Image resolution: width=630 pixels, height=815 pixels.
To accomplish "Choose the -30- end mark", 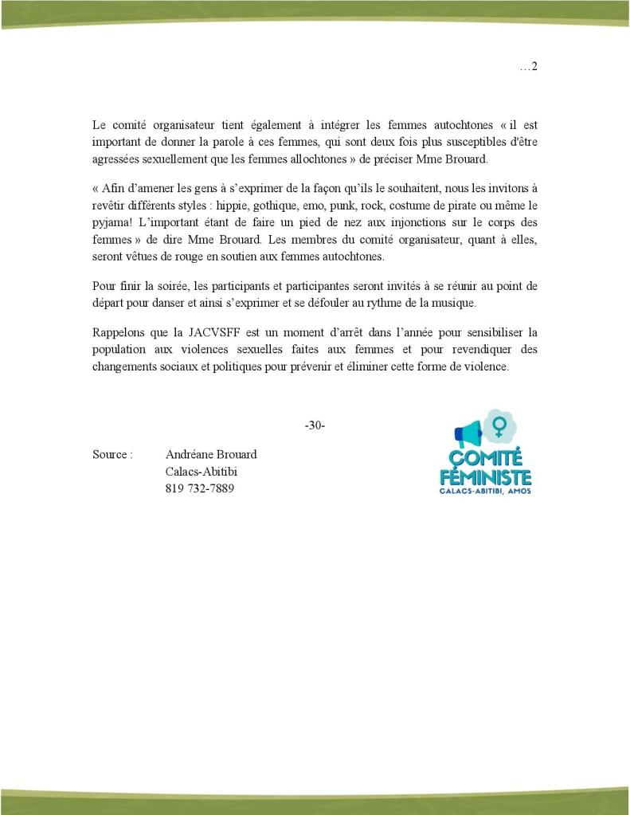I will point(315,426).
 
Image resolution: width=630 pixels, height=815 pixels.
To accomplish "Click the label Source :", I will point(112,455).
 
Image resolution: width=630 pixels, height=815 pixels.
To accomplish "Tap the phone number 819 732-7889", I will point(199,488).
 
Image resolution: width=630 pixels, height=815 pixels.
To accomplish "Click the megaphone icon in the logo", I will point(468,433).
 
